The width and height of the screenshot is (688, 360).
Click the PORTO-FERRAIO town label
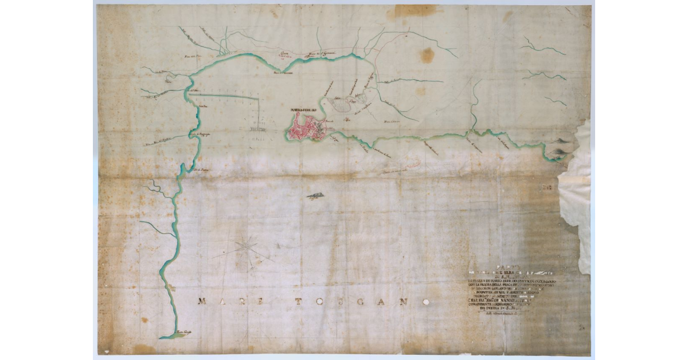[x=304, y=111]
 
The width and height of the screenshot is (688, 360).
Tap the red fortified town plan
[x=304, y=128]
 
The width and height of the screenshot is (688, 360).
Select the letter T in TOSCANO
[x=298, y=302]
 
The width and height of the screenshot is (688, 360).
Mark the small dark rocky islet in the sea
[x=314, y=195]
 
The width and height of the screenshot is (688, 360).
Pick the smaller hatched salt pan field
[x=361, y=98]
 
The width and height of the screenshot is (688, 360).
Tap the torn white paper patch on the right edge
[x=575, y=195]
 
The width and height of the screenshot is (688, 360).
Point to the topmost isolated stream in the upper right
[x=542, y=46]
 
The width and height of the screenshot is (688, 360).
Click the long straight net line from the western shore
[x=226, y=97]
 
